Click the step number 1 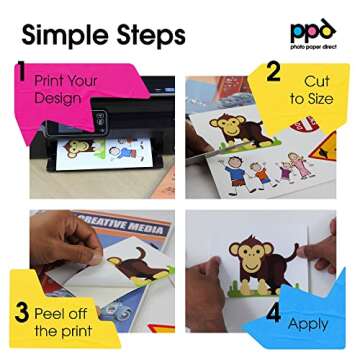(21, 71)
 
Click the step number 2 (270, 72)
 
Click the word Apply (308, 323)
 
